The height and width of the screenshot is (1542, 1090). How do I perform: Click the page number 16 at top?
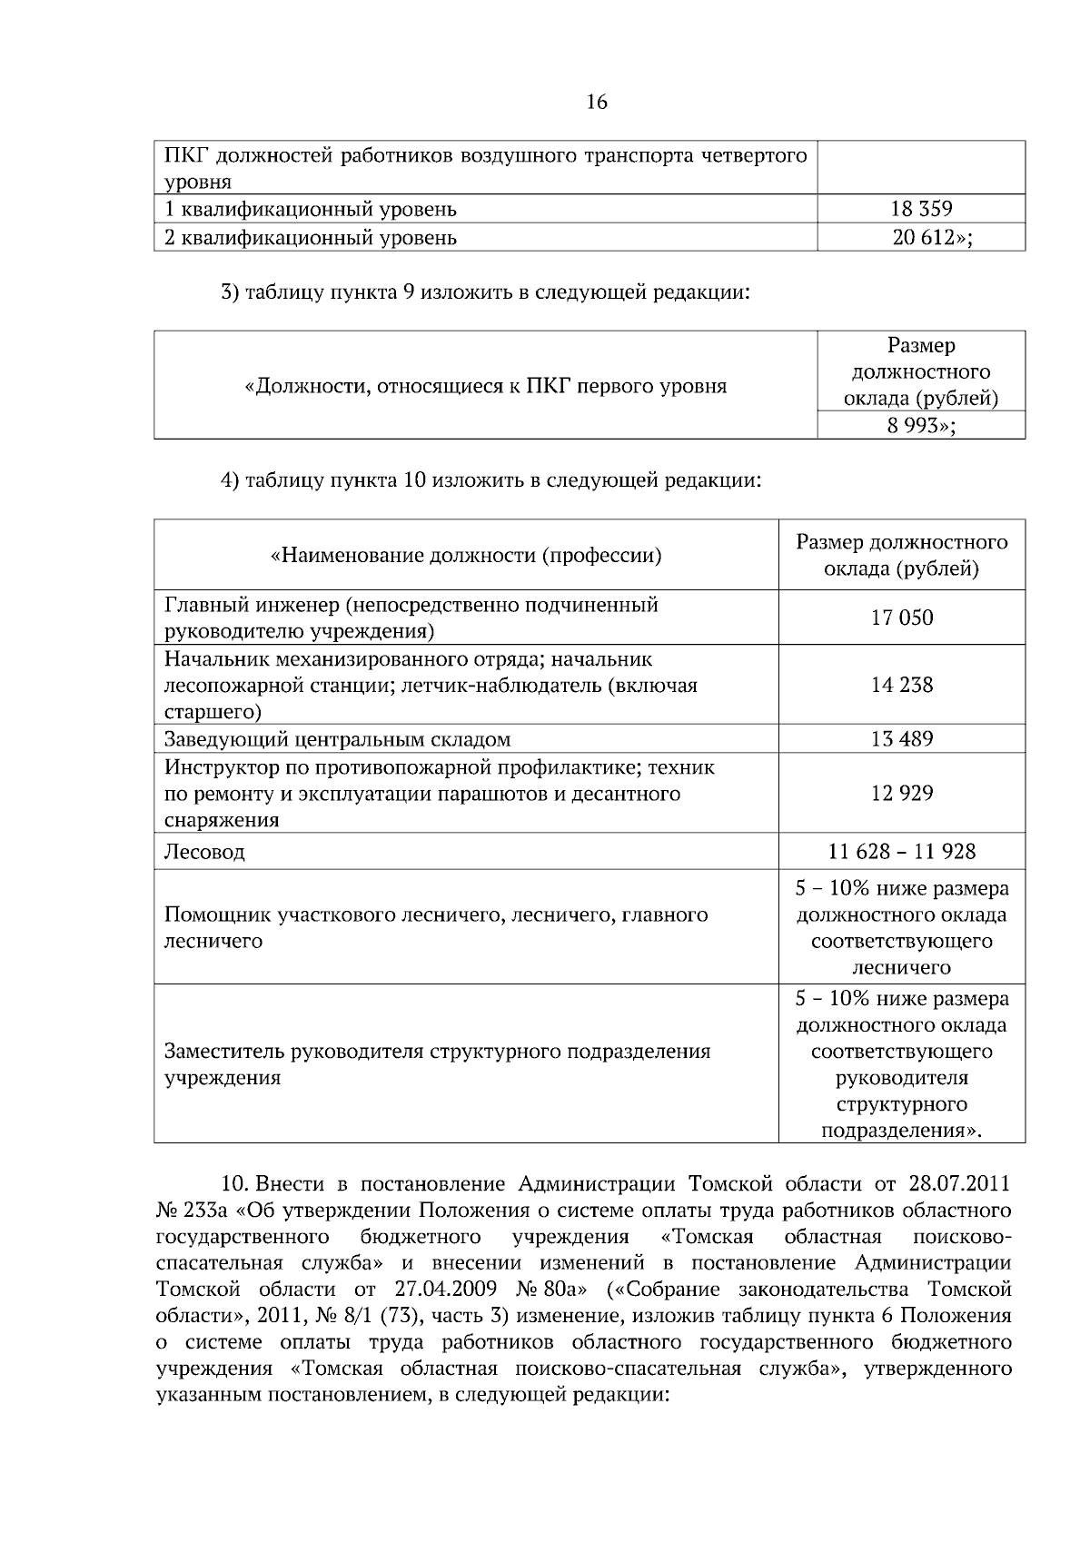(597, 103)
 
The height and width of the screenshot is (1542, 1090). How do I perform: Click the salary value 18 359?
(921, 210)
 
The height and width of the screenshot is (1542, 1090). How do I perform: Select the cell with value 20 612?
(921, 238)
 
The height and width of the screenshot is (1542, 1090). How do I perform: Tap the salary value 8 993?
(917, 425)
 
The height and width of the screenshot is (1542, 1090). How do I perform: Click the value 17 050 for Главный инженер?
(901, 618)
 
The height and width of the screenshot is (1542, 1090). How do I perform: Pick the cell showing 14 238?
(901, 685)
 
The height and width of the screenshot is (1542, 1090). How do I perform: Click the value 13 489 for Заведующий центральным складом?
(901, 739)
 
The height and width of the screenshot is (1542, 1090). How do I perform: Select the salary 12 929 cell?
(901, 794)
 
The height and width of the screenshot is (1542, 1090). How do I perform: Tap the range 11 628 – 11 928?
(901, 852)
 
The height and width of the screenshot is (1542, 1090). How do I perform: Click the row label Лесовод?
(204, 853)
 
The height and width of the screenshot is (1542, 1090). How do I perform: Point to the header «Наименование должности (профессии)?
(466, 556)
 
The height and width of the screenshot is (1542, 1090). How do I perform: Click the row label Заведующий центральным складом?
(337, 739)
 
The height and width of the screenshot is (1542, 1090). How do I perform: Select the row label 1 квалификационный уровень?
(310, 210)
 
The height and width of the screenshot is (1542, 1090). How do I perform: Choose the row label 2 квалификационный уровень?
(310, 238)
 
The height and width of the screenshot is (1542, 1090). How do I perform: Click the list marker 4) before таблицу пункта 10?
(230, 480)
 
